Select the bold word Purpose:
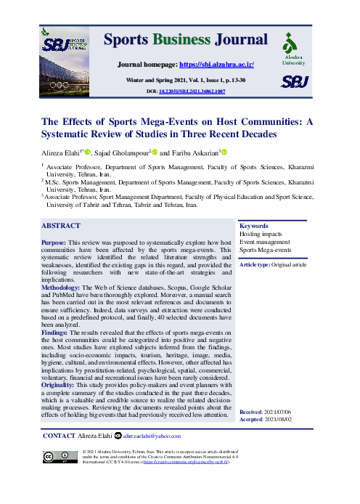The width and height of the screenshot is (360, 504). point(56,241)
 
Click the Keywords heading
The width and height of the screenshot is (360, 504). point(254,226)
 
